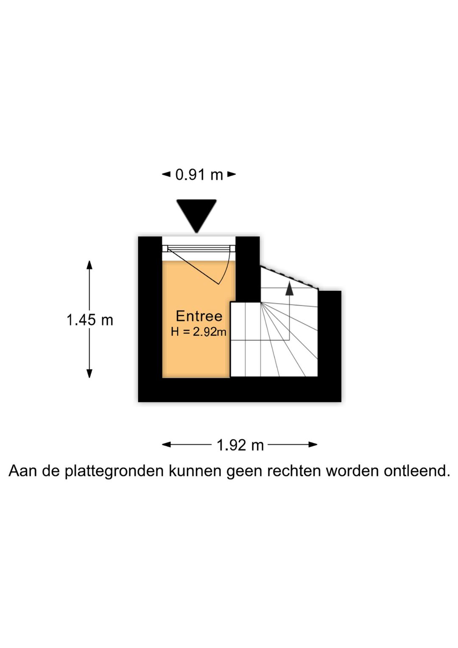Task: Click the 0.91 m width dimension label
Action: [199, 175]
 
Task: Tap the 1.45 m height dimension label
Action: [90, 320]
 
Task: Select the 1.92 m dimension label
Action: [240, 445]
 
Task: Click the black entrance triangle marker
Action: [196, 214]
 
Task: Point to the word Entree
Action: [199, 316]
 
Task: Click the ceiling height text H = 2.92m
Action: [198, 332]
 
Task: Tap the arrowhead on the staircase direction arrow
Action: [289, 288]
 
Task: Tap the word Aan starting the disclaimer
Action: [22, 471]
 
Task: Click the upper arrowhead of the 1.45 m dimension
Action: [89, 265]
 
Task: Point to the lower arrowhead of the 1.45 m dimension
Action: [89, 373]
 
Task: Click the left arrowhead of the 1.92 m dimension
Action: [166, 445]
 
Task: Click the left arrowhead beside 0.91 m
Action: [166, 174]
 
